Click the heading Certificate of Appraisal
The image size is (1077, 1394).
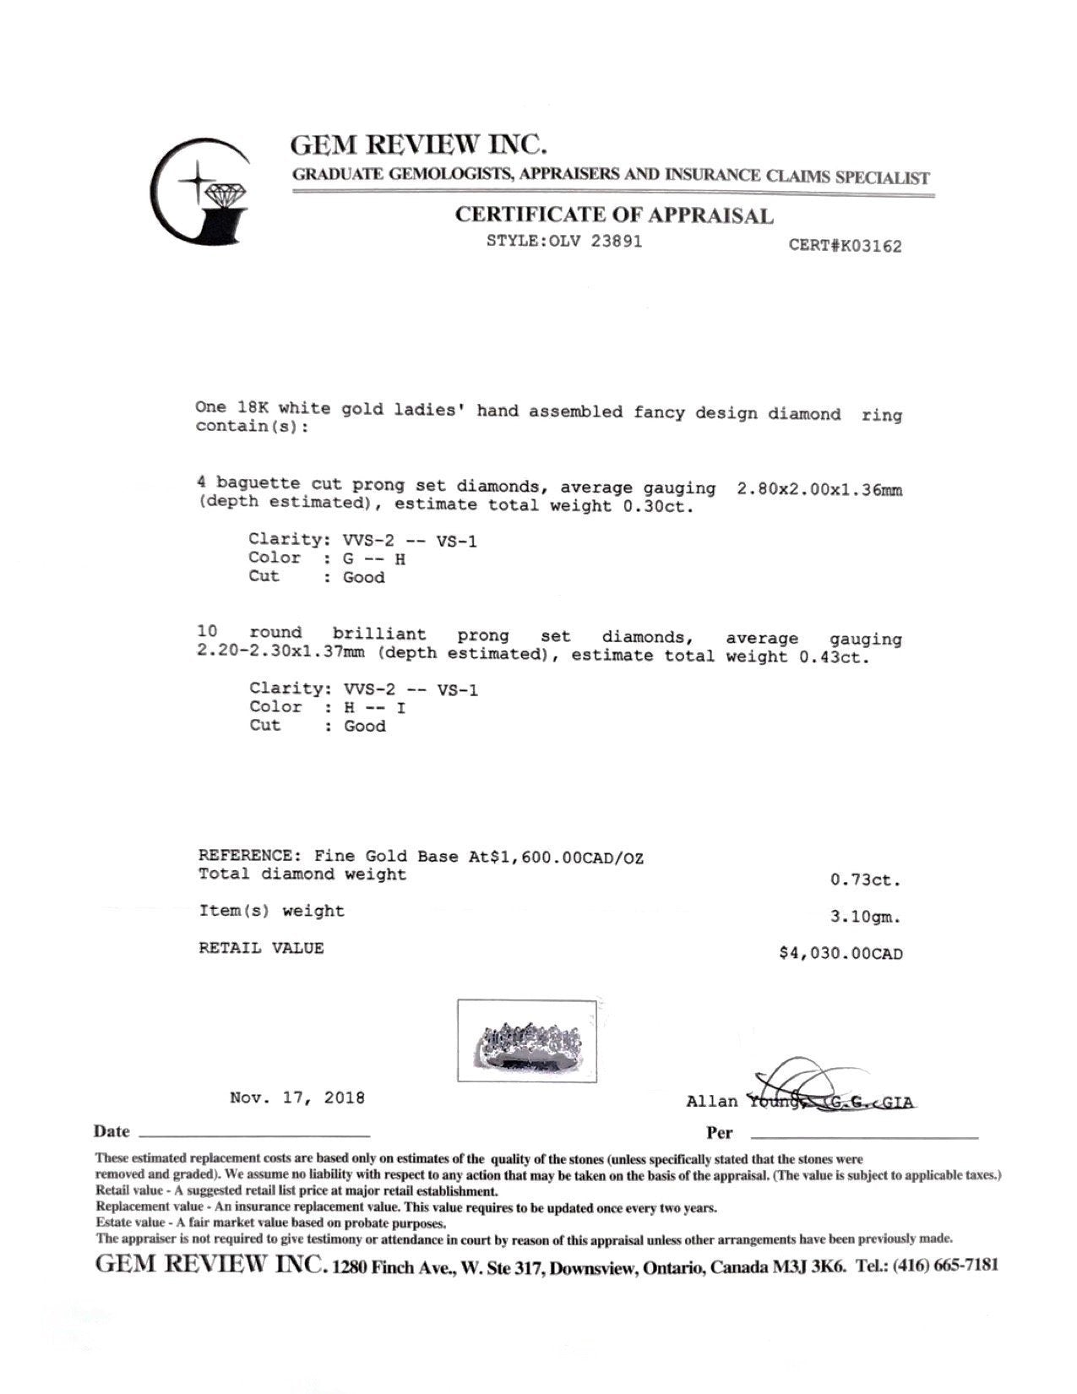(x=614, y=215)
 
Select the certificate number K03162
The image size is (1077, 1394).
(x=845, y=246)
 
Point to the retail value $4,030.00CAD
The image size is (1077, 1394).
(x=840, y=954)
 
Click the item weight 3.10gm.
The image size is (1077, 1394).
(x=866, y=917)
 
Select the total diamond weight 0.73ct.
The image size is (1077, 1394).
(x=866, y=880)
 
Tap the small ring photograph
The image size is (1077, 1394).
(x=526, y=1040)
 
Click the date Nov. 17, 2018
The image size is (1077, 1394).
(x=297, y=1098)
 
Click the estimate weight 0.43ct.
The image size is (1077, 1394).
(x=834, y=656)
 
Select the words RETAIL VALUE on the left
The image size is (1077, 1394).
(x=261, y=948)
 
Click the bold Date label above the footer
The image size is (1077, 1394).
(x=112, y=1132)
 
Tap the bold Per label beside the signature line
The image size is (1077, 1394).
(x=720, y=1133)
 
